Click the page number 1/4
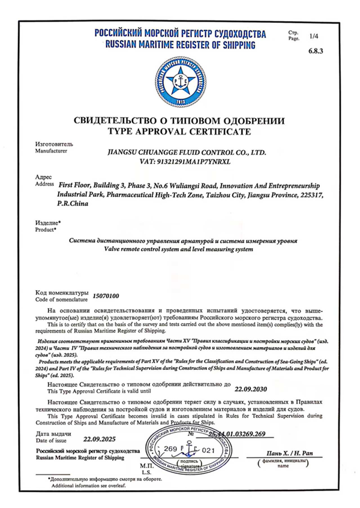(314, 37)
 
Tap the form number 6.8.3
(315, 52)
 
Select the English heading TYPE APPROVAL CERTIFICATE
(179, 131)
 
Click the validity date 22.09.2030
(250, 389)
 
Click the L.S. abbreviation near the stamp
(145, 473)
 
